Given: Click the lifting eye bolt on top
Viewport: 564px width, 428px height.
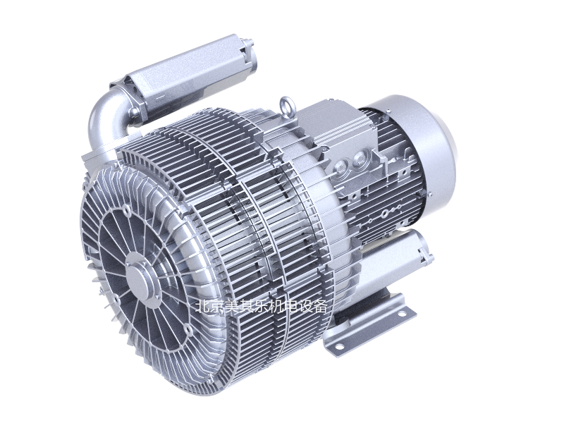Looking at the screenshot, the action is (287, 106).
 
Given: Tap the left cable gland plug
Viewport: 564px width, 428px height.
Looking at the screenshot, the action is (341, 169).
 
